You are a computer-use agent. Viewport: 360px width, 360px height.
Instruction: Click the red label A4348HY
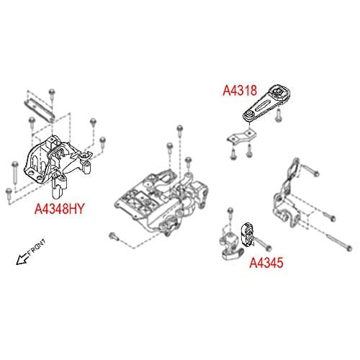60,209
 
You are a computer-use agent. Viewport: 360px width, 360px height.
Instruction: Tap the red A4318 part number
240,91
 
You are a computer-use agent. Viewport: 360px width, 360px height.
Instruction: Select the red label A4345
266,263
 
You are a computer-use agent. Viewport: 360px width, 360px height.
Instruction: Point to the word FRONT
36,247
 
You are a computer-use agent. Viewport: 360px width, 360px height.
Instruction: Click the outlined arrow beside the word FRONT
22,259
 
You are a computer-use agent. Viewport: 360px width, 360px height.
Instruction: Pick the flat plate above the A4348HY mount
40,109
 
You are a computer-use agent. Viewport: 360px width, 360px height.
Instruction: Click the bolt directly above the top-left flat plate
52,96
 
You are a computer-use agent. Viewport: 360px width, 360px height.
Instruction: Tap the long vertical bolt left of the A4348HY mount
15,172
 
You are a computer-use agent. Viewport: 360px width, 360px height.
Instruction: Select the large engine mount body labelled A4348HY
58,166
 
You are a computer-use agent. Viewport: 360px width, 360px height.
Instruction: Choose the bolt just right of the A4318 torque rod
279,116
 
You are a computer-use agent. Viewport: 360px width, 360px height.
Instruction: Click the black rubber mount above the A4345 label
248,235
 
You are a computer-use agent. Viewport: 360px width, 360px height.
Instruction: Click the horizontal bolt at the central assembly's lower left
114,237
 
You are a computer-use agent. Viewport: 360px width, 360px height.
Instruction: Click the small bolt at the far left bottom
9,194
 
